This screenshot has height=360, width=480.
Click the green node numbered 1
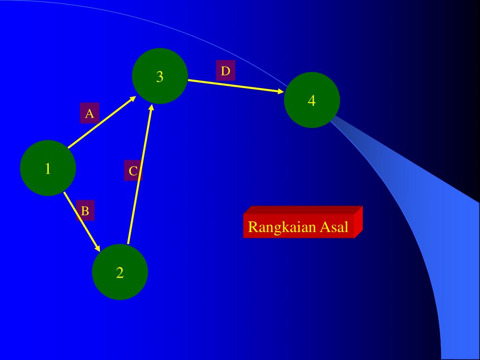tap(48, 168)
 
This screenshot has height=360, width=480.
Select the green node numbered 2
tap(120, 272)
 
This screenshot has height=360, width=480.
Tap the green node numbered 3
tap(160, 76)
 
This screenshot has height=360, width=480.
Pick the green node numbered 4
tap(312, 100)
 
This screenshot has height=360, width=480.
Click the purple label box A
tap(90, 113)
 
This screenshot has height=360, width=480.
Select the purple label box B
tap(85, 211)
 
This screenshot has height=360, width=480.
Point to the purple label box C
tap(133, 171)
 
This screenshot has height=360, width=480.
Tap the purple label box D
tap(225, 71)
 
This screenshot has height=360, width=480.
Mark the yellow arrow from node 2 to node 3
tap(139, 174)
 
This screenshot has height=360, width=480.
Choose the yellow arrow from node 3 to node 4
tap(234, 85)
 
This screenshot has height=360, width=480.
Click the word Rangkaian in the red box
tap(282, 227)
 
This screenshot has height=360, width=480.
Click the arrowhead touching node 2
tap(97, 247)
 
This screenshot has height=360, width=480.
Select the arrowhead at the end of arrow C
tap(151, 108)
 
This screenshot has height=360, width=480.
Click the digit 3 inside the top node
tap(160, 76)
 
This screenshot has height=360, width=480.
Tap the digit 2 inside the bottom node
tap(120, 272)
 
